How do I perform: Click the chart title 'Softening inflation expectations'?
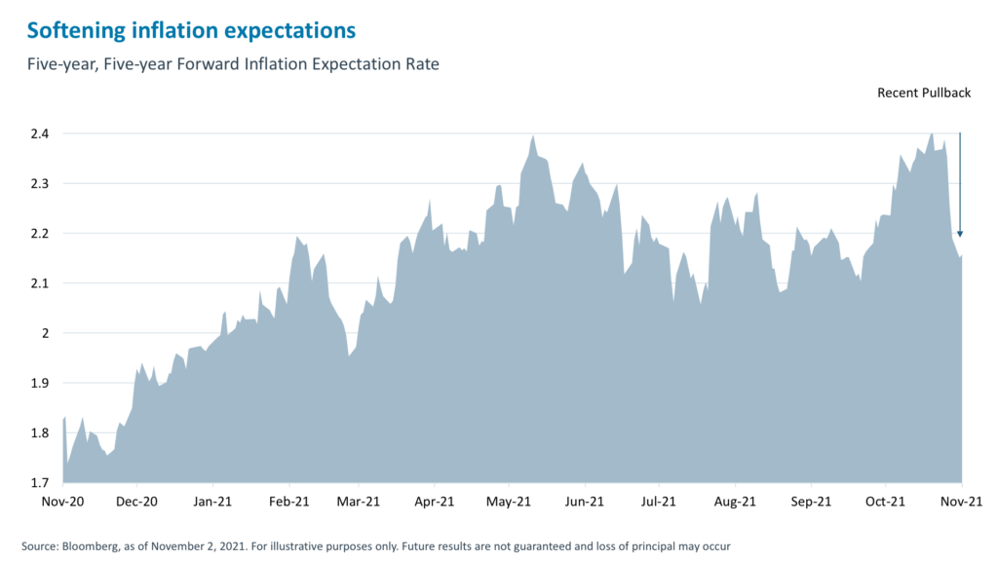(191, 30)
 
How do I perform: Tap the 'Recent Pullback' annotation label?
(924, 93)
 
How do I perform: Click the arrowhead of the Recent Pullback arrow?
(960, 233)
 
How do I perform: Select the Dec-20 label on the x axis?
(137, 502)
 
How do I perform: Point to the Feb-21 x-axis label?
(288, 502)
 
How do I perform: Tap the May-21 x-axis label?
(508, 502)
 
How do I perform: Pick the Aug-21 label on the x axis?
(735, 502)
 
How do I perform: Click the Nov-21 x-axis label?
(961, 502)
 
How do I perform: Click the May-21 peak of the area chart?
(533, 136)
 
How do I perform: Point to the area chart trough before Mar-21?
(349, 355)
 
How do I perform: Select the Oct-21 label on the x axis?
(885, 502)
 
